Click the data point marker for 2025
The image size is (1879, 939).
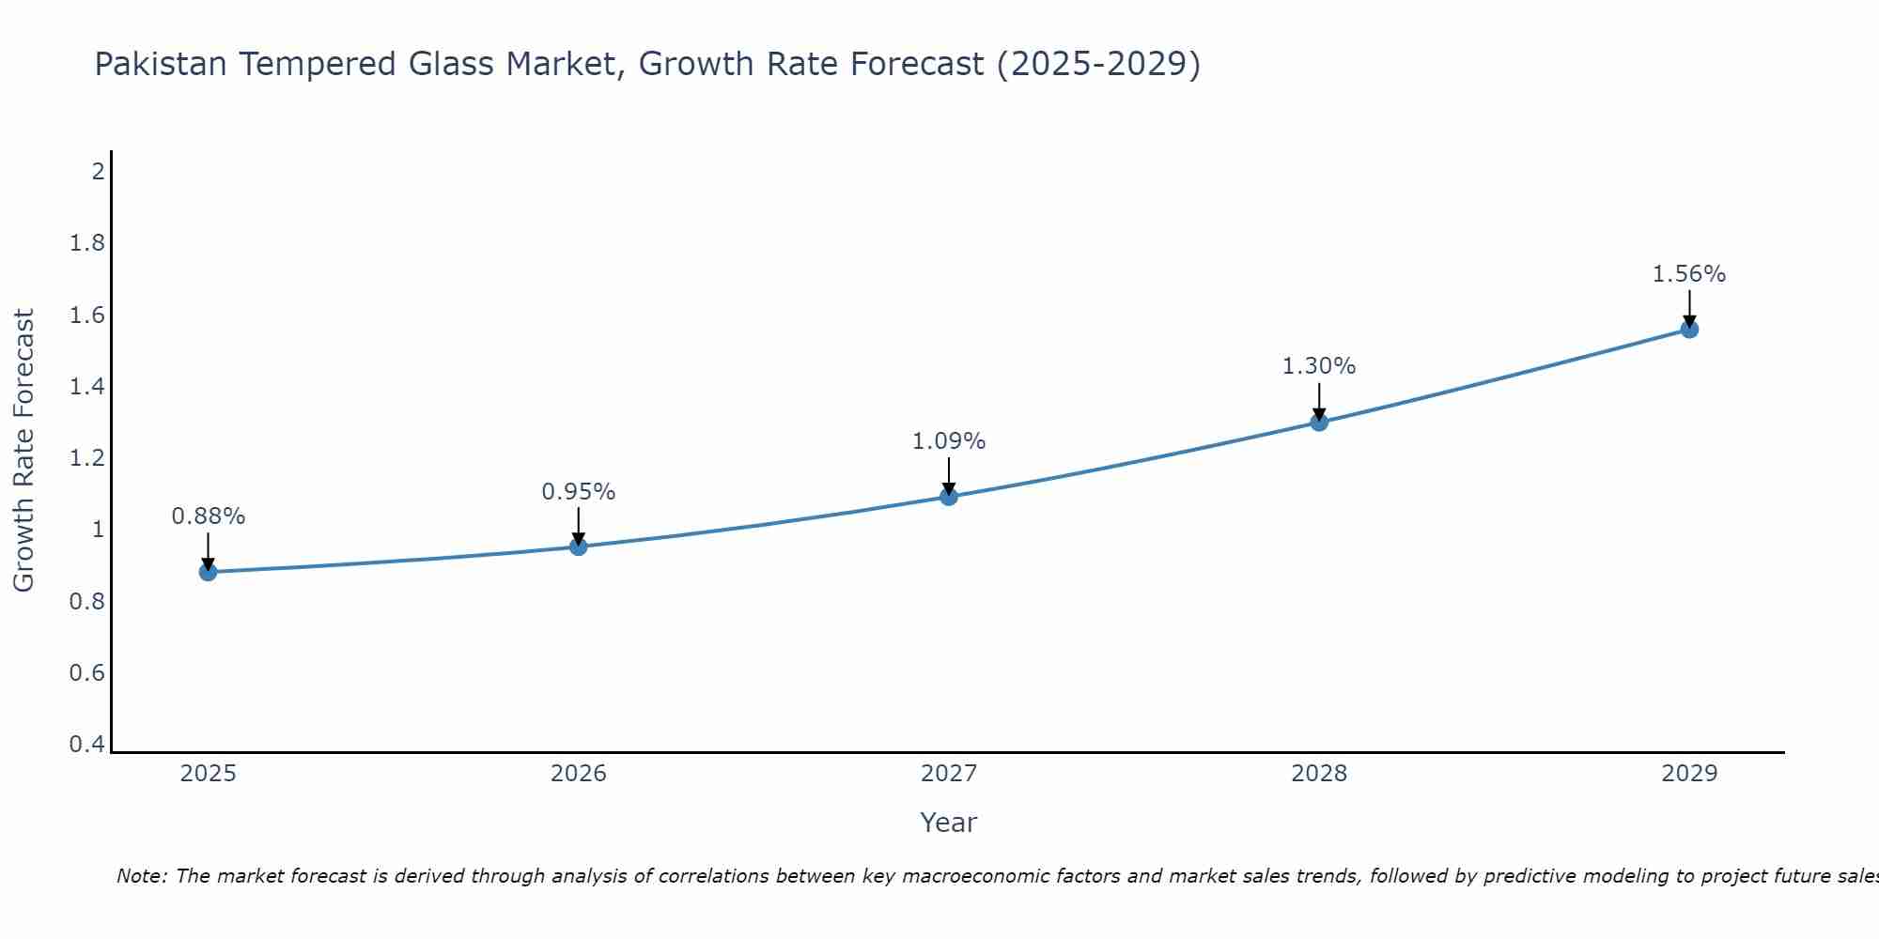209,572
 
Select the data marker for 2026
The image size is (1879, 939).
579,546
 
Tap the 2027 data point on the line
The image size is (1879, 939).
949,497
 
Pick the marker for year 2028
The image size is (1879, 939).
1319,423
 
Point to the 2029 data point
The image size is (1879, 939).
1689,330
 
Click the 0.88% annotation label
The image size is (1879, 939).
209,516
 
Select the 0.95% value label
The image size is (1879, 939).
579,492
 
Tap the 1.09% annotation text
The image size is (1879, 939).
949,441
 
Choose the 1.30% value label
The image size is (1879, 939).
1319,366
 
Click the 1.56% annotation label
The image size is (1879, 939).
1689,274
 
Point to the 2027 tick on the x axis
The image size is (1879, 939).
949,774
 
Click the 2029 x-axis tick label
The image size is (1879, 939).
1689,774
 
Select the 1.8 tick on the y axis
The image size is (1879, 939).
87,244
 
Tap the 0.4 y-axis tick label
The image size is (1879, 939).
87,745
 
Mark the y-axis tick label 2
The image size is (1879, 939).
98,172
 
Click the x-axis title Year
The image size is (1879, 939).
949,823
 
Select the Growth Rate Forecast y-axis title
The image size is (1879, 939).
23,451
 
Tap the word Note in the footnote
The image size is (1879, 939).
141,876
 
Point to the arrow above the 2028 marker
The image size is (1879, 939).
1319,401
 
